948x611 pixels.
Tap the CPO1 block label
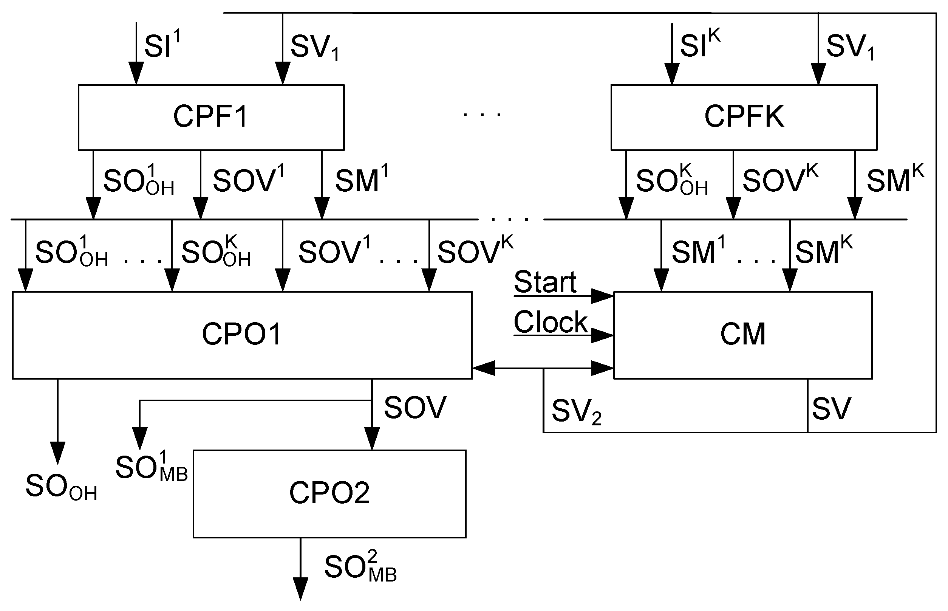[x=242, y=334]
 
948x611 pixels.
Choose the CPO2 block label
[x=329, y=493]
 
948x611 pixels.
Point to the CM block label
[x=742, y=334]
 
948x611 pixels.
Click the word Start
[x=545, y=282]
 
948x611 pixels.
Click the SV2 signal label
[x=576, y=412]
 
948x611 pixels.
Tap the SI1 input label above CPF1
[x=162, y=45]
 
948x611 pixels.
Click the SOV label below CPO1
[x=415, y=408]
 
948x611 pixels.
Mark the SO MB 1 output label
[x=151, y=467]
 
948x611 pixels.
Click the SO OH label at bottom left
[x=61, y=487]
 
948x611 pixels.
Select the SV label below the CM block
[x=831, y=409]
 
